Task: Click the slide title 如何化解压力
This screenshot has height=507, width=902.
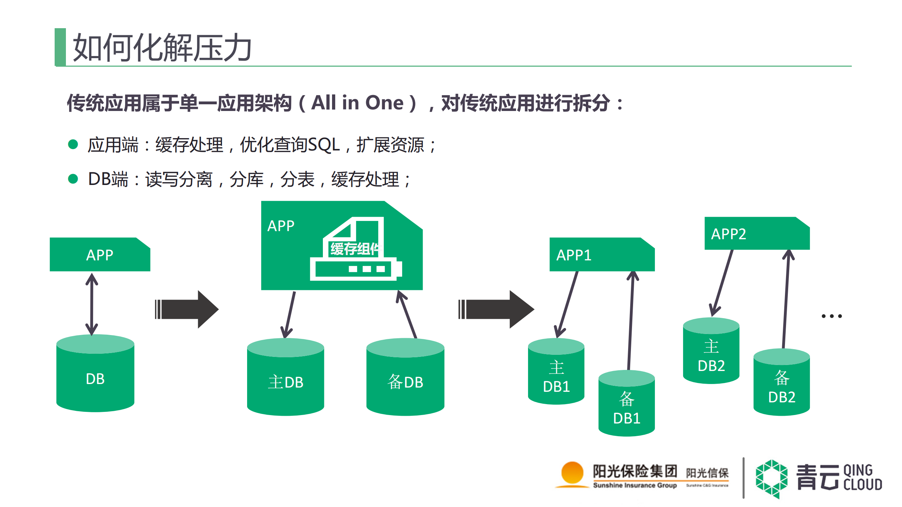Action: coord(162,48)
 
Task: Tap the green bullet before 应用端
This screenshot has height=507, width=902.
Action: coord(73,144)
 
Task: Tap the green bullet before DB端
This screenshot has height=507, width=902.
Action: coord(73,179)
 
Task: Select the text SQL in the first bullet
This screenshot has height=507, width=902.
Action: coord(324,144)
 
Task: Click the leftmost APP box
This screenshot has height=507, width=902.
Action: coord(100,255)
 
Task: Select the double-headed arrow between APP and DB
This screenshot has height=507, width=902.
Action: coord(92,304)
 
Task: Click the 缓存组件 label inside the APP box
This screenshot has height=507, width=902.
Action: coord(355,249)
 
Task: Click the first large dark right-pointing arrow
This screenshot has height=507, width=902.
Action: coord(187,309)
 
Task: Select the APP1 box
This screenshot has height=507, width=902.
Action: coord(602,255)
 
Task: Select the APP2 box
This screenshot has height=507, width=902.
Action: coord(757,234)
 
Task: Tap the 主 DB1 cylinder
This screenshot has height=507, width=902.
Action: coord(556,373)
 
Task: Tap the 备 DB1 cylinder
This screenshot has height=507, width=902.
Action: coord(626,405)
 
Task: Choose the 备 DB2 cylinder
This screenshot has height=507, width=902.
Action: coord(781,384)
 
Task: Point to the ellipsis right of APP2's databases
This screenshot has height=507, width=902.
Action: coord(832,316)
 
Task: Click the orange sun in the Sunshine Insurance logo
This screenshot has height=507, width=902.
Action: coord(572,472)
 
